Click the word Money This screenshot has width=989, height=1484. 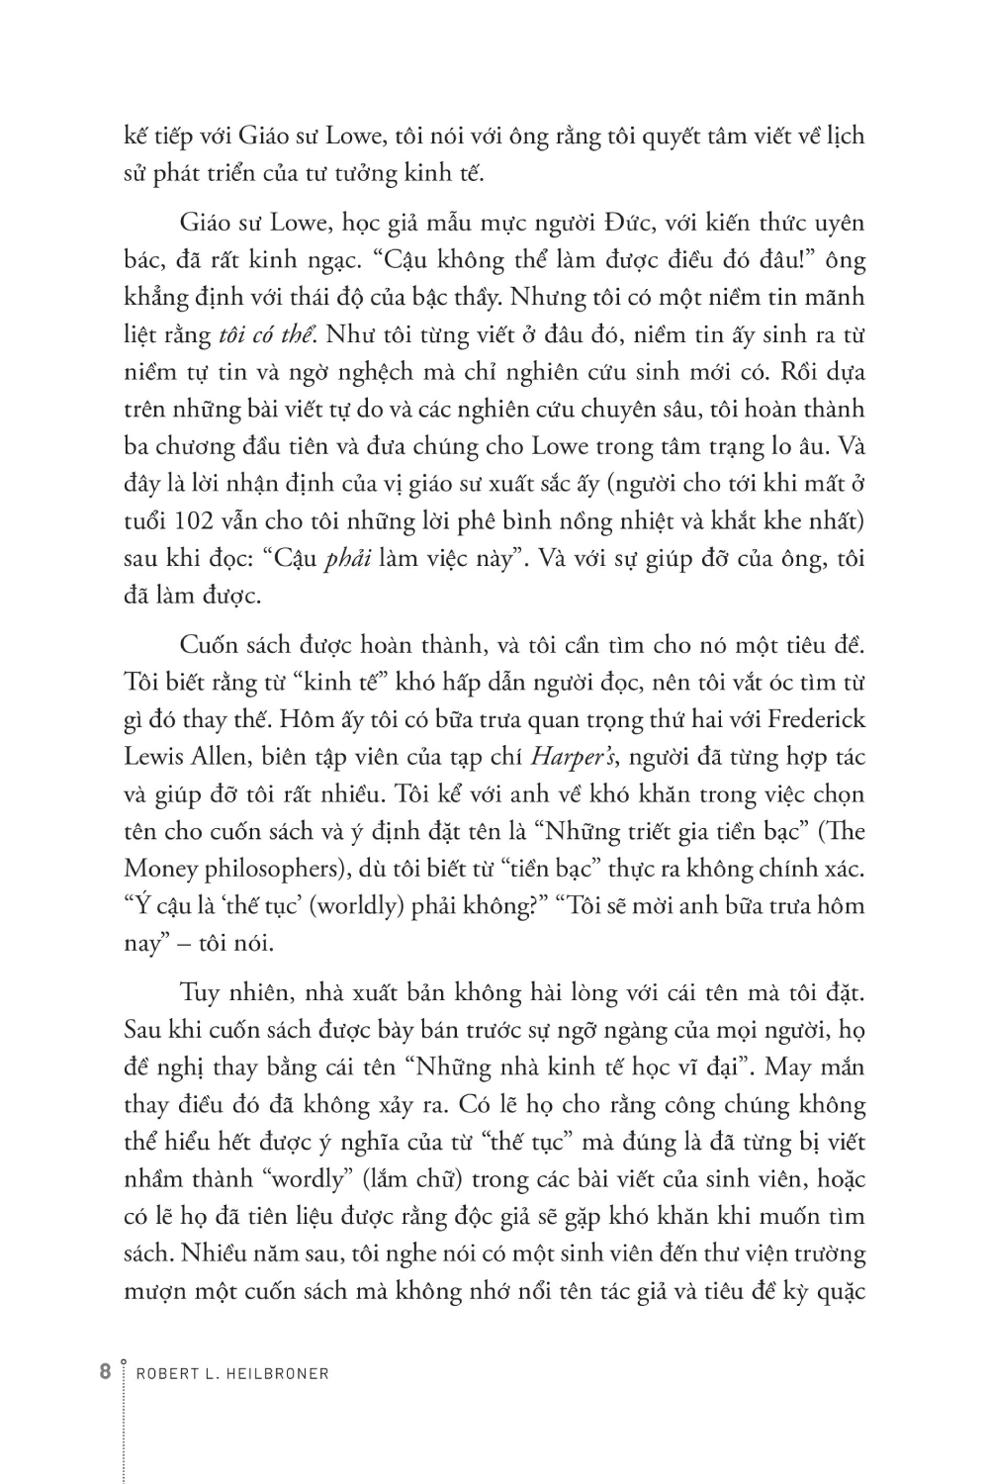point(161,869)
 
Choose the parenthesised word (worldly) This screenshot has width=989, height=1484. point(357,906)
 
